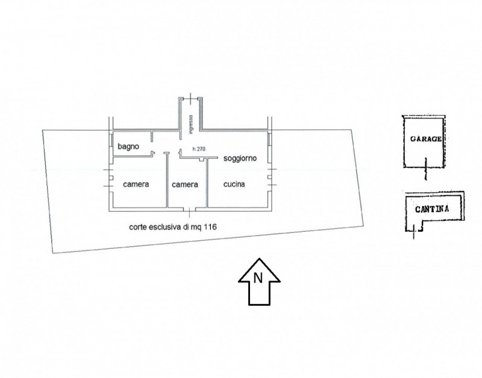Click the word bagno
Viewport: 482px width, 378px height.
click(x=128, y=147)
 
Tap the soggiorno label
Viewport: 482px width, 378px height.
click(x=240, y=158)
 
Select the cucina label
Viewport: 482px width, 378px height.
click(x=234, y=184)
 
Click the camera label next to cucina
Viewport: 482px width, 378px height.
click(x=185, y=185)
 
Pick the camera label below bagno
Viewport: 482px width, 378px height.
click(x=136, y=184)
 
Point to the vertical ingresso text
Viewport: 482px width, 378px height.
click(x=191, y=125)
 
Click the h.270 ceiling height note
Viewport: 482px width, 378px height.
click(x=199, y=149)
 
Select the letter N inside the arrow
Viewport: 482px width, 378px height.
click(x=258, y=278)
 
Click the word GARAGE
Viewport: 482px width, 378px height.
click(x=426, y=139)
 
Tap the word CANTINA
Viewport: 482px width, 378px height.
click(x=432, y=209)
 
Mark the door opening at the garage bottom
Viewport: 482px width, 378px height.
click(x=426, y=169)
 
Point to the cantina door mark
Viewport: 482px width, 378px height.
click(x=414, y=232)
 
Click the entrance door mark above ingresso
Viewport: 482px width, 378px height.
click(x=190, y=99)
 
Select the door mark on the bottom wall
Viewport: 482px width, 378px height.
click(x=189, y=209)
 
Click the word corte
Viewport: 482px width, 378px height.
click(x=138, y=228)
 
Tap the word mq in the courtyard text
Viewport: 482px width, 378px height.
click(x=199, y=228)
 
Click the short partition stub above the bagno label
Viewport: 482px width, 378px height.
click(x=152, y=137)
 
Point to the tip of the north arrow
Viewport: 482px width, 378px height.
click(x=260, y=259)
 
